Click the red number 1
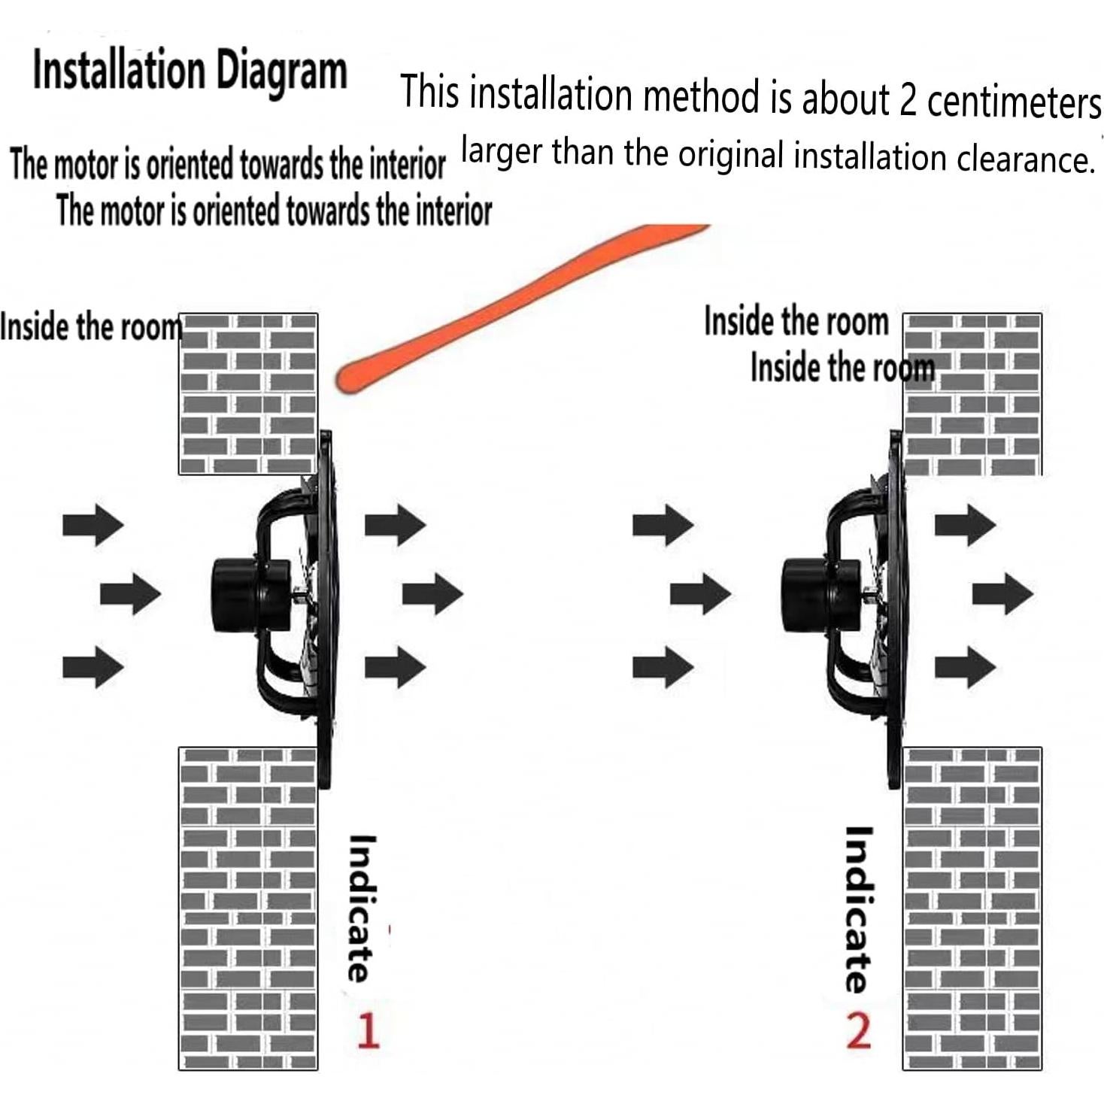point(369,1030)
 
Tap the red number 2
point(858,1031)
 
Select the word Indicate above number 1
point(362,908)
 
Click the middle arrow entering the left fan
point(131,594)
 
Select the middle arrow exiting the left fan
point(432,594)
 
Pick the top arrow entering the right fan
point(663,525)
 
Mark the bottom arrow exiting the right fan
point(966,667)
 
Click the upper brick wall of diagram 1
point(248,394)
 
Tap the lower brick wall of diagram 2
point(972,908)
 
